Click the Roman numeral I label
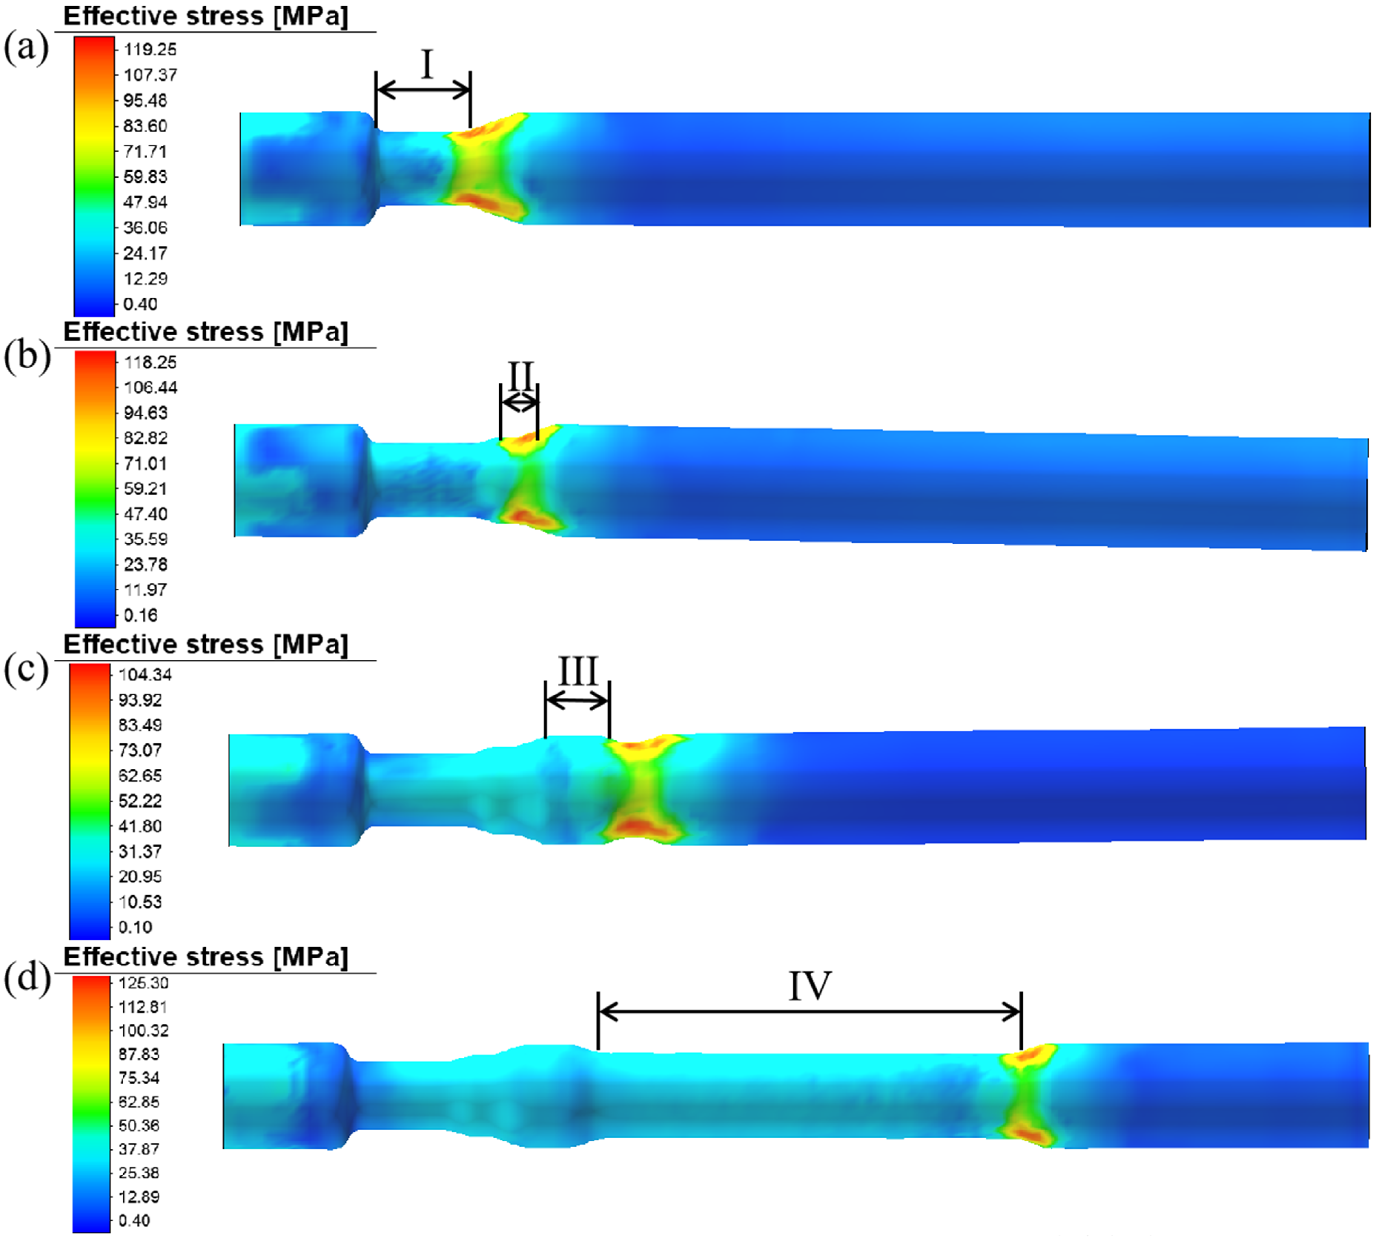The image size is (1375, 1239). pyautogui.click(x=427, y=65)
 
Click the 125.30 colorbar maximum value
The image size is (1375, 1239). pyautogui.click(x=143, y=983)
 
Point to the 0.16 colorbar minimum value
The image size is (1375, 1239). pyautogui.click(x=140, y=615)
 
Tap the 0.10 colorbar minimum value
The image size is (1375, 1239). pyautogui.click(x=135, y=927)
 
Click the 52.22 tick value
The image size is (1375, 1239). pyautogui.click(x=139, y=801)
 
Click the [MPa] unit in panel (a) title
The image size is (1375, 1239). pyautogui.click(x=311, y=16)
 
